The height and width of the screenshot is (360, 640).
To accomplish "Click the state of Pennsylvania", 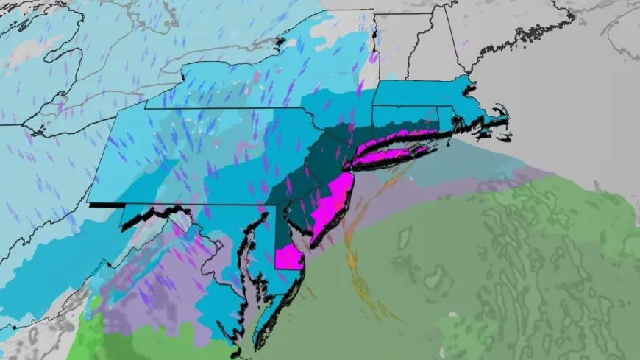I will point(191,158).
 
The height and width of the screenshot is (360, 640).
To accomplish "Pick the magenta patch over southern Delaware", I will point(290,258).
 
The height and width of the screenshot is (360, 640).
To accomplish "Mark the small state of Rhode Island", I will point(444,116).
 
